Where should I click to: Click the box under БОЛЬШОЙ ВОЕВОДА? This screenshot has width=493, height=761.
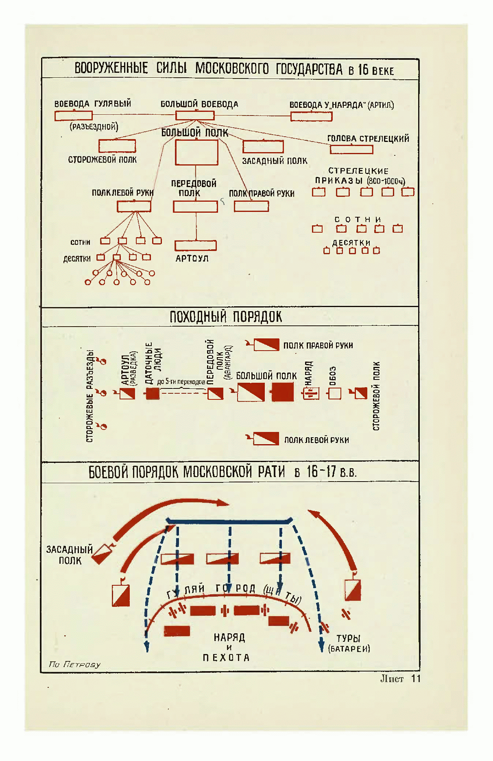195,115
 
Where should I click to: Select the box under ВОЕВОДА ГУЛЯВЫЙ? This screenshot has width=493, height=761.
73,116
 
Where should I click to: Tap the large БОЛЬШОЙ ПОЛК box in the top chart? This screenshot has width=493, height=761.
196,153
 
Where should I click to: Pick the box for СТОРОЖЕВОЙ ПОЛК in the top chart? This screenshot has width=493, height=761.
117,146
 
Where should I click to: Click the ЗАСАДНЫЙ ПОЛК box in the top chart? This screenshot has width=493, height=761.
263,147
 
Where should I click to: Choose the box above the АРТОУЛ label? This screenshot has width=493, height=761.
196,246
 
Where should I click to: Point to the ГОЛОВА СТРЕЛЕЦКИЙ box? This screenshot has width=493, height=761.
351,149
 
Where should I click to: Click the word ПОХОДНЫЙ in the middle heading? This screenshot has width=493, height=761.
195,316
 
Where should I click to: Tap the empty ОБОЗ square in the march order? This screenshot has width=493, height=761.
334,394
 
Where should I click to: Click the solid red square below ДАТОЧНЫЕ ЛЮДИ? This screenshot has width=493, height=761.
153,394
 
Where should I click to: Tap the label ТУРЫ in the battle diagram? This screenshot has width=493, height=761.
348,639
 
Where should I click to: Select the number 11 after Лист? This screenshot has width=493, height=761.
415,679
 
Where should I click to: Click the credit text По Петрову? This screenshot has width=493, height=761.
74,665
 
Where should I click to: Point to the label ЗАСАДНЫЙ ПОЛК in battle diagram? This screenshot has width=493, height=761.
70,555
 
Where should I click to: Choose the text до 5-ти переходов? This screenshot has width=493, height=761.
181,382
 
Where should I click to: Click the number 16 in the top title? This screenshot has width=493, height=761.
363,70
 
